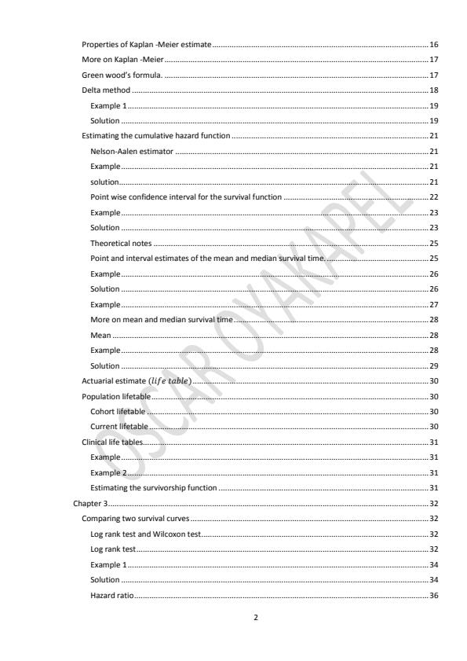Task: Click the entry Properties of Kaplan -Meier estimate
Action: (147, 46)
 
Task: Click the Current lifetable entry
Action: (119, 426)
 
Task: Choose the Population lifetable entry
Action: (116, 395)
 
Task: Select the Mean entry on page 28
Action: (100, 335)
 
